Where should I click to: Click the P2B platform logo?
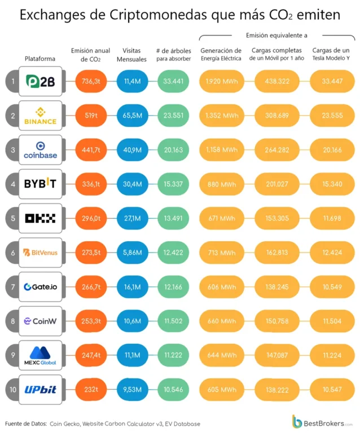(x=41, y=81)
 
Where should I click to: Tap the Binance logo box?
(x=41, y=116)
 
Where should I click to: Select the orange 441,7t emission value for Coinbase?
(x=91, y=150)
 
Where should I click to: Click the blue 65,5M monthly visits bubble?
(x=132, y=116)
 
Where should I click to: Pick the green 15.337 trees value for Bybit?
(x=173, y=184)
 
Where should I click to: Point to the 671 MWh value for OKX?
(x=222, y=218)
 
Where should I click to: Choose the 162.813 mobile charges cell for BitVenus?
(x=277, y=253)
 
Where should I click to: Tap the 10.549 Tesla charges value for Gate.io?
(x=332, y=287)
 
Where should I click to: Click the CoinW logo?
(x=41, y=321)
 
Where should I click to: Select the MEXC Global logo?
(x=41, y=356)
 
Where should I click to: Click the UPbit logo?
(x=41, y=389)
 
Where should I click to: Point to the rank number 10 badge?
(x=13, y=389)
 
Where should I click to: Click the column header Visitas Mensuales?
(x=131, y=55)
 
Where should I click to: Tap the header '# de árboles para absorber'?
(x=173, y=55)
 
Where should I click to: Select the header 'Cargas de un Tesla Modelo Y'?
(x=331, y=54)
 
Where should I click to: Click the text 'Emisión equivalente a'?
(x=276, y=36)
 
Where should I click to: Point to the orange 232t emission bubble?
(x=91, y=389)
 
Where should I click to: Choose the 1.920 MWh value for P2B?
(x=222, y=81)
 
